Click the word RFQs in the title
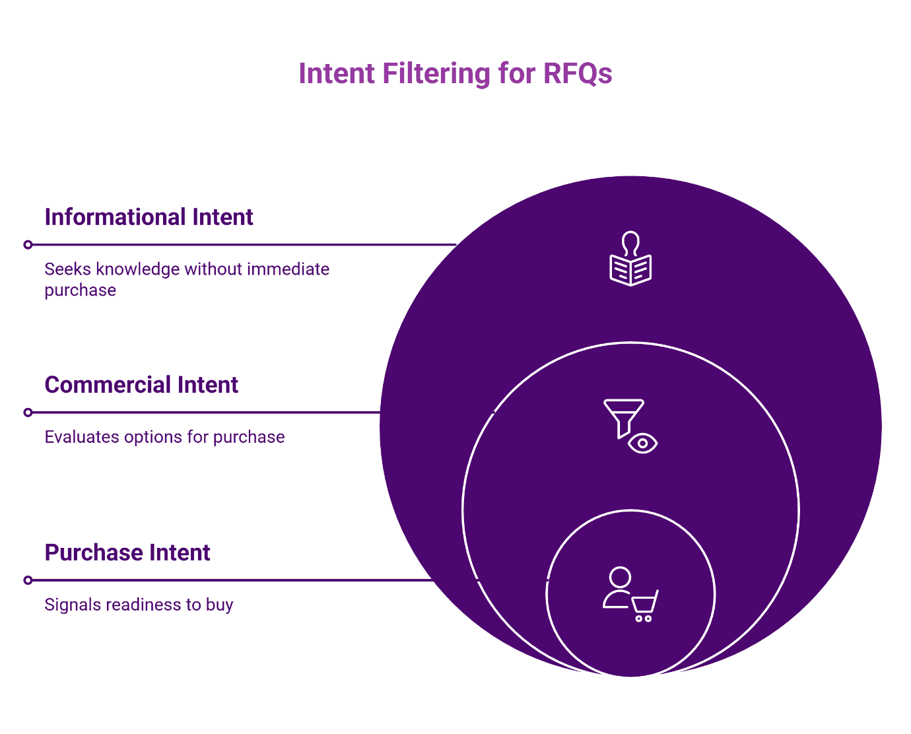click(578, 73)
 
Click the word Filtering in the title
click(436, 73)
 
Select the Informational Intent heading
click(149, 217)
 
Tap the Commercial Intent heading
click(141, 385)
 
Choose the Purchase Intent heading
click(127, 552)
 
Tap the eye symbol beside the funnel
click(642, 444)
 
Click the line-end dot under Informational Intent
click(28, 245)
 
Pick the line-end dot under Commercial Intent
click(28, 413)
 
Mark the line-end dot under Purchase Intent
click(28, 580)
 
